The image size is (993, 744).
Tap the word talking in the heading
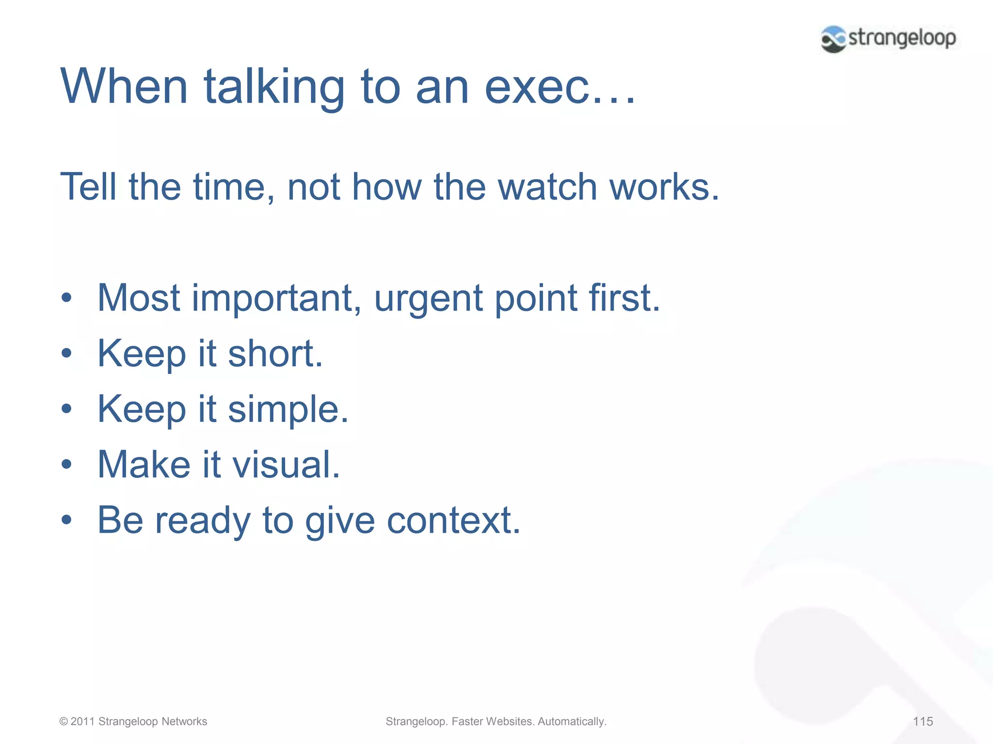click(274, 87)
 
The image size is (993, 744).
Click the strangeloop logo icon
click(833, 39)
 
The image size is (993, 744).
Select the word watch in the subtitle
click(547, 187)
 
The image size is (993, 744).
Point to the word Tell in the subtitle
click(88, 187)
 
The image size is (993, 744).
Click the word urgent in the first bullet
click(428, 298)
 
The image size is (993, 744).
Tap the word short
click(274, 354)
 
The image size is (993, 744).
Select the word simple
click(288, 409)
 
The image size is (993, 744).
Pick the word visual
click(286, 465)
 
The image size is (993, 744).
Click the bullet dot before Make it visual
click(66, 465)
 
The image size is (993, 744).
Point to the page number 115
click(923, 722)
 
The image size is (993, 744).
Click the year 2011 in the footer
click(82, 722)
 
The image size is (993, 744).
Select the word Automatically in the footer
click(572, 722)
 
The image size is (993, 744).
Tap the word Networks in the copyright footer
click(184, 722)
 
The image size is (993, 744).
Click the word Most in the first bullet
click(139, 298)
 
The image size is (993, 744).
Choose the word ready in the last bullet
click(203, 521)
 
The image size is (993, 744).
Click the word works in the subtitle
click(664, 187)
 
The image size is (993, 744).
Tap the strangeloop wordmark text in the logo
click(902, 38)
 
